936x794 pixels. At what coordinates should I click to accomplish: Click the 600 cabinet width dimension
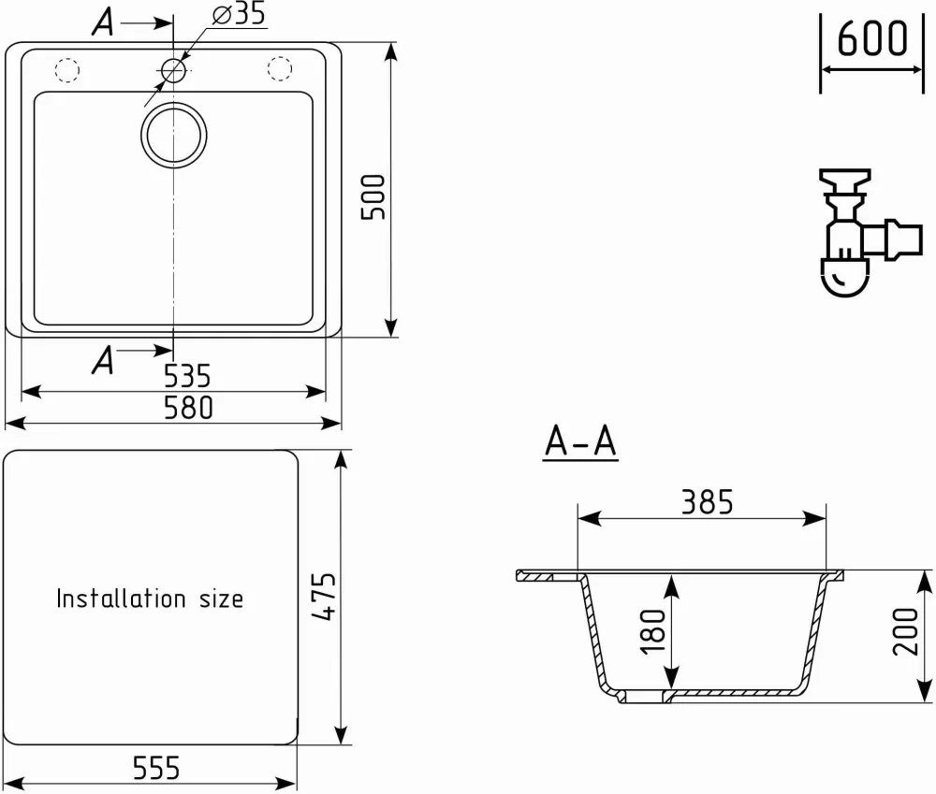coord(872,38)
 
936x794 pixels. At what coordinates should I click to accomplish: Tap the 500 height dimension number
coord(373,196)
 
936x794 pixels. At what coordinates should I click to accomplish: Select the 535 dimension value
coord(187,376)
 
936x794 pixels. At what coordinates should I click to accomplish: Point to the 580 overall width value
coord(188,408)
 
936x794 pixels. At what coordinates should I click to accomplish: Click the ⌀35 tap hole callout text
coord(239,14)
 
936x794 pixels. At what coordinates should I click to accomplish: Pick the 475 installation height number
coord(324,597)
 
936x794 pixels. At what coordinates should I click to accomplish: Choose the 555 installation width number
coord(155,768)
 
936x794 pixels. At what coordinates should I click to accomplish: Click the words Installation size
coord(150,599)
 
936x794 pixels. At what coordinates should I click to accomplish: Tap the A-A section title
coord(580,441)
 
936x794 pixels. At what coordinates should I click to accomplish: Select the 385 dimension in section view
coord(708,502)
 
